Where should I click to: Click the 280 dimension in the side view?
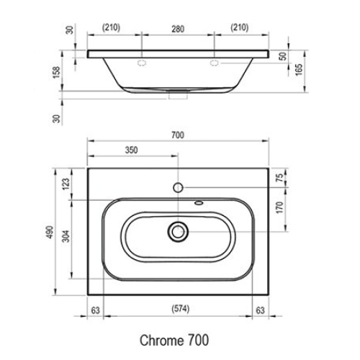[x=179, y=28]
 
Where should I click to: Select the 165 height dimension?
[x=297, y=70]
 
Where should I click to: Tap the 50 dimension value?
[x=284, y=55]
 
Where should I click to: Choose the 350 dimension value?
[x=132, y=151]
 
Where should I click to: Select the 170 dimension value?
[x=282, y=210]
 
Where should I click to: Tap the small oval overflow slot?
[x=198, y=203]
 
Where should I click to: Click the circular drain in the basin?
[x=178, y=231]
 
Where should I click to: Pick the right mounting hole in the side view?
[x=214, y=63]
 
